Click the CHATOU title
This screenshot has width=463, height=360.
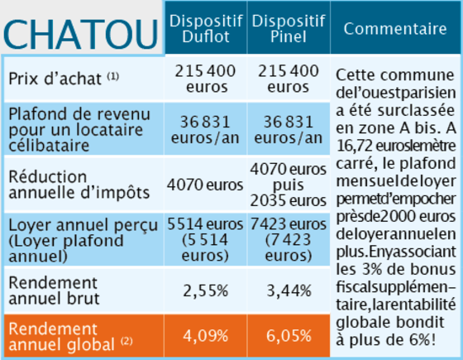[81, 35]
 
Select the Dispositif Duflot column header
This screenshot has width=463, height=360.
[206, 29]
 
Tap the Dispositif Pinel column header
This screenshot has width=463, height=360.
[289, 29]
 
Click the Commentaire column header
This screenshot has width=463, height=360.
[395, 29]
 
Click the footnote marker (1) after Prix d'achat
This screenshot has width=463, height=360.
[112, 76]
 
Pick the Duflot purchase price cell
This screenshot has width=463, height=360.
[206, 79]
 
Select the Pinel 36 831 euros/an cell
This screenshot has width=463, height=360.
[289, 130]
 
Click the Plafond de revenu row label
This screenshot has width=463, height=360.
[79, 130]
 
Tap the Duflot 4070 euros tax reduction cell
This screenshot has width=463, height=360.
[205, 185]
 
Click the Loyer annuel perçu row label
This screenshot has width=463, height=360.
[84, 240]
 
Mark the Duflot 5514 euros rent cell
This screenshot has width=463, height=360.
[205, 240]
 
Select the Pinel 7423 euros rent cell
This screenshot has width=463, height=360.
[289, 240]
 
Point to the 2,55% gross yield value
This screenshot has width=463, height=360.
[206, 290]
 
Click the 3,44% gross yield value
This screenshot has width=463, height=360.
[289, 290]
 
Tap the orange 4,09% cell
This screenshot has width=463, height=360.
[206, 336]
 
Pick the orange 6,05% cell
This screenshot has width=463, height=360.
[289, 336]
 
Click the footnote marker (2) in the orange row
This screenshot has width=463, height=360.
[126, 341]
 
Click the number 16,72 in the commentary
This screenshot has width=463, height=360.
[355, 146]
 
